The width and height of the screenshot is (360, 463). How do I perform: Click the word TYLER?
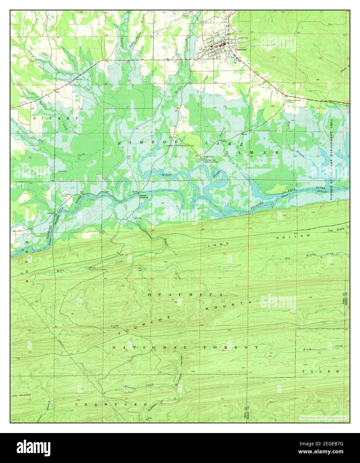321,371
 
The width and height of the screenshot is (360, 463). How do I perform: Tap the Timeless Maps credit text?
322,417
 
